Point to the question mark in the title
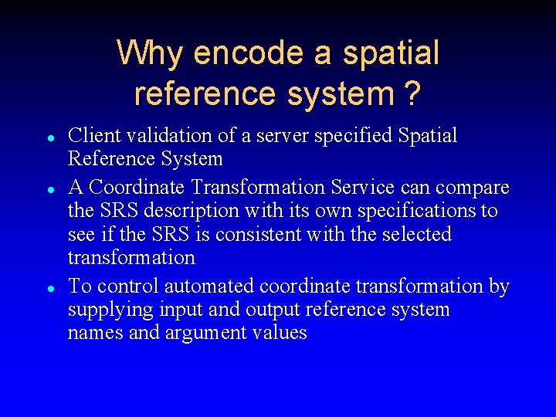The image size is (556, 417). coord(412,93)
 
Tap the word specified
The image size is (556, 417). coord(354,137)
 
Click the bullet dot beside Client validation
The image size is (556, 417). coord(49,137)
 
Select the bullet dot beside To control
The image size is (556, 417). coord(49,288)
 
